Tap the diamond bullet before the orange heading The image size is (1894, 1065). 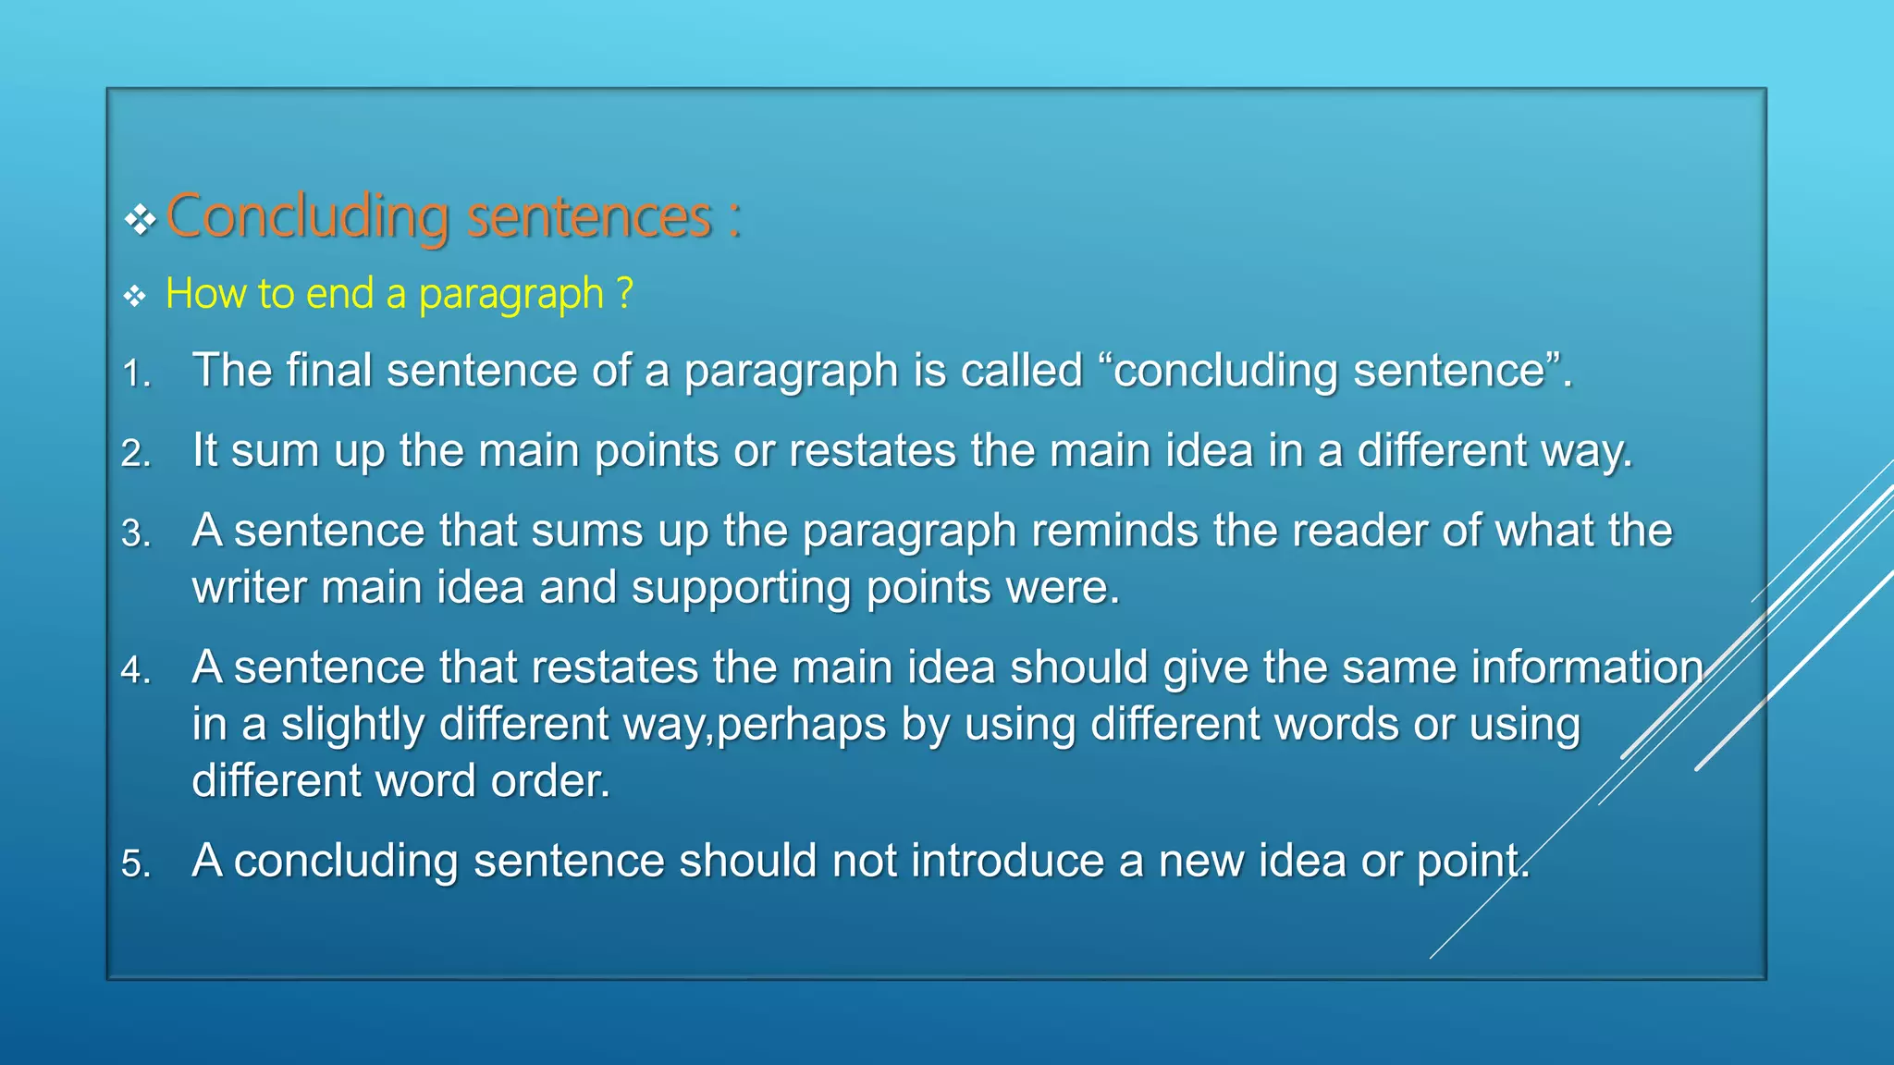(140, 220)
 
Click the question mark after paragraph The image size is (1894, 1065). (625, 293)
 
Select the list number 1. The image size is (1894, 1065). (135, 374)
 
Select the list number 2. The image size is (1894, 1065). (135, 454)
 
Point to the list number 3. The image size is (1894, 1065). (135, 534)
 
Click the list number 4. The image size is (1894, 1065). (135, 670)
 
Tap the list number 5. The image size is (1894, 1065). (135, 864)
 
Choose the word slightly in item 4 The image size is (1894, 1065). (352, 724)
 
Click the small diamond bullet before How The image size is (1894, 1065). (135, 297)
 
